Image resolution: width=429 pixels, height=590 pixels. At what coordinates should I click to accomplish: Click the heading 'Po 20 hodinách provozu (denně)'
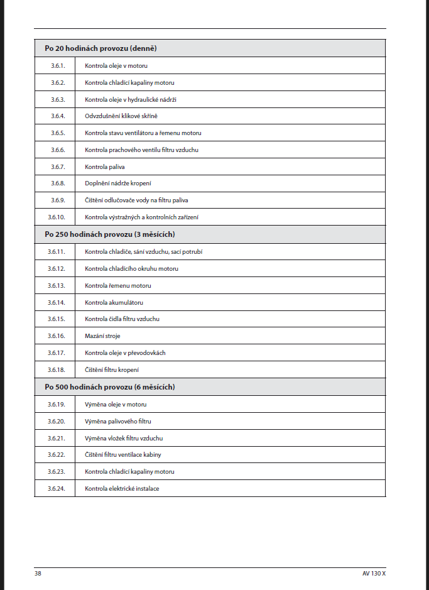click(100, 48)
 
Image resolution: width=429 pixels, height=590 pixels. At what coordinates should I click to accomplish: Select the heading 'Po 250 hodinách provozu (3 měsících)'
click(109, 234)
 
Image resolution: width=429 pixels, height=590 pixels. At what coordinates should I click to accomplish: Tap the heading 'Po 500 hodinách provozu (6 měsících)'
click(109, 387)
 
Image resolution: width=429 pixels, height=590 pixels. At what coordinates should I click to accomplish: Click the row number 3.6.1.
click(58, 65)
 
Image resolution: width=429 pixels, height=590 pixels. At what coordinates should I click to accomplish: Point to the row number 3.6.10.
click(57, 217)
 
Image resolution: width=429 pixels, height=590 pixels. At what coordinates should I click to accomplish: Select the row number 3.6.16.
click(57, 336)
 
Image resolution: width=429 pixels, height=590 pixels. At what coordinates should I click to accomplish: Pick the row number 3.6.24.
click(57, 488)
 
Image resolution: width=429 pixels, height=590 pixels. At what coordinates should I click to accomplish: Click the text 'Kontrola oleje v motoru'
click(116, 65)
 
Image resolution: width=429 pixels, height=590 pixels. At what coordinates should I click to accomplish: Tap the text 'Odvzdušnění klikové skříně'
click(121, 116)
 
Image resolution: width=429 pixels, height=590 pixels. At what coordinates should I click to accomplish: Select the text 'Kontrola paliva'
click(105, 167)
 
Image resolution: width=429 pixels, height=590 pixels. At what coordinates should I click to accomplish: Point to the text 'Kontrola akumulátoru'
click(114, 302)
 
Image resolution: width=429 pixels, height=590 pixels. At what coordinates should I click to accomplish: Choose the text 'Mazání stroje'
click(102, 336)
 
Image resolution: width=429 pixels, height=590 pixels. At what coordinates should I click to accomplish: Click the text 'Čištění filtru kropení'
click(112, 370)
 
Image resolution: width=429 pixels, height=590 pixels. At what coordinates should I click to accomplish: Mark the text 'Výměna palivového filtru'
click(118, 421)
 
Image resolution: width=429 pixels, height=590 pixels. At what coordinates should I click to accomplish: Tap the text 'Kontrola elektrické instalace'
click(122, 488)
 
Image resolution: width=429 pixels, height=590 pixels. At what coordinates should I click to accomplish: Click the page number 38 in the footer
click(38, 574)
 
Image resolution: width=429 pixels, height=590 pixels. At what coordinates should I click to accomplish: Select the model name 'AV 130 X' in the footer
click(374, 574)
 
